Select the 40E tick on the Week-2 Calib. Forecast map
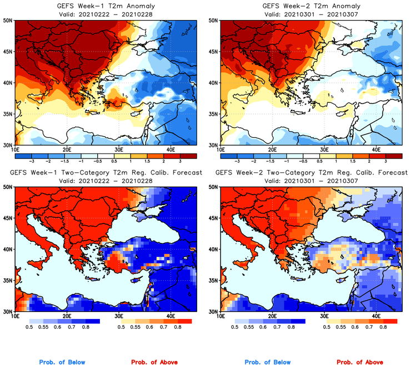[x=376, y=316]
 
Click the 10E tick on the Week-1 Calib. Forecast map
[x=15, y=316]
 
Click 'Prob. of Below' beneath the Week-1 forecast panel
[x=62, y=362]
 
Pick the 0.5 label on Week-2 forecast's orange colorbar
[x=328, y=327]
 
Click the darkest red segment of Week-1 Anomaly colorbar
[x=188, y=155]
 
